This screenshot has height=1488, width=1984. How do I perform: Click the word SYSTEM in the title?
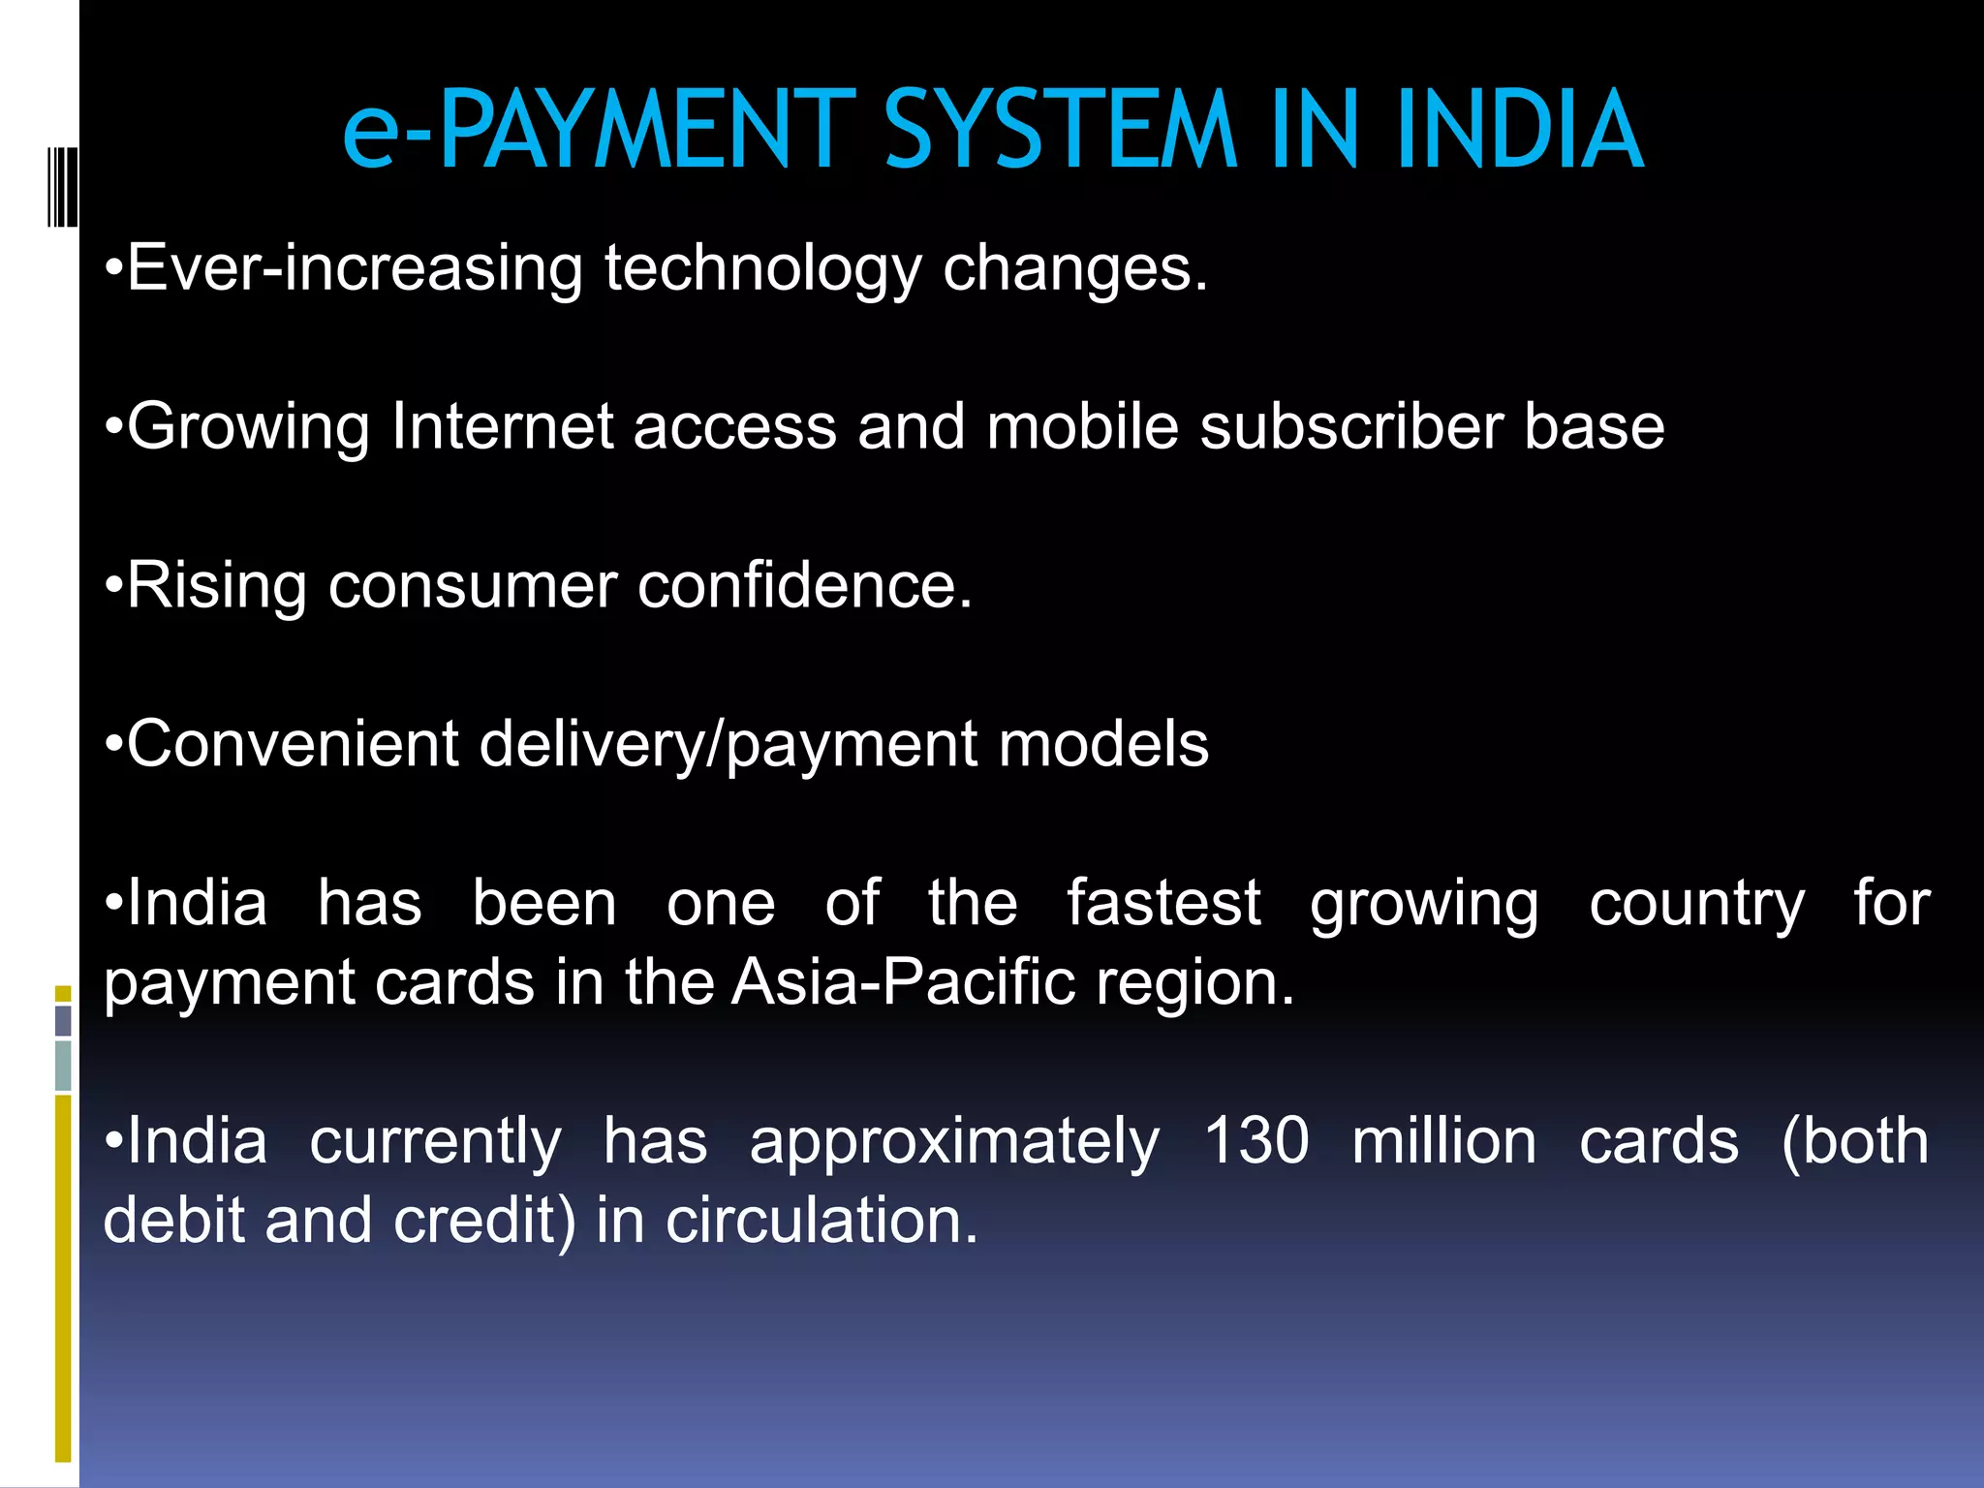(x=1061, y=130)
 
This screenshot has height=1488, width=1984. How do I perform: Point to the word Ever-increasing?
(x=355, y=268)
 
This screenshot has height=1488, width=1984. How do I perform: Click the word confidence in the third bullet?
(x=803, y=586)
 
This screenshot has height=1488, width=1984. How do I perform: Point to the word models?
(x=1103, y=745)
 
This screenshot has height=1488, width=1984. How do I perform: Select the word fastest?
(x=1163, y=904)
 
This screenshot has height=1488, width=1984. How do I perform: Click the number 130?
(x=1256, y=1142)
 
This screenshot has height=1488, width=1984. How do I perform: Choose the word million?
(x=1443, y=1142)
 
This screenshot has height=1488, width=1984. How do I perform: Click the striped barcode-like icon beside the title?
(x=62, y=186)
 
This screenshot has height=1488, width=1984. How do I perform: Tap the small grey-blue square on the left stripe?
(x=63, y=1020)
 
